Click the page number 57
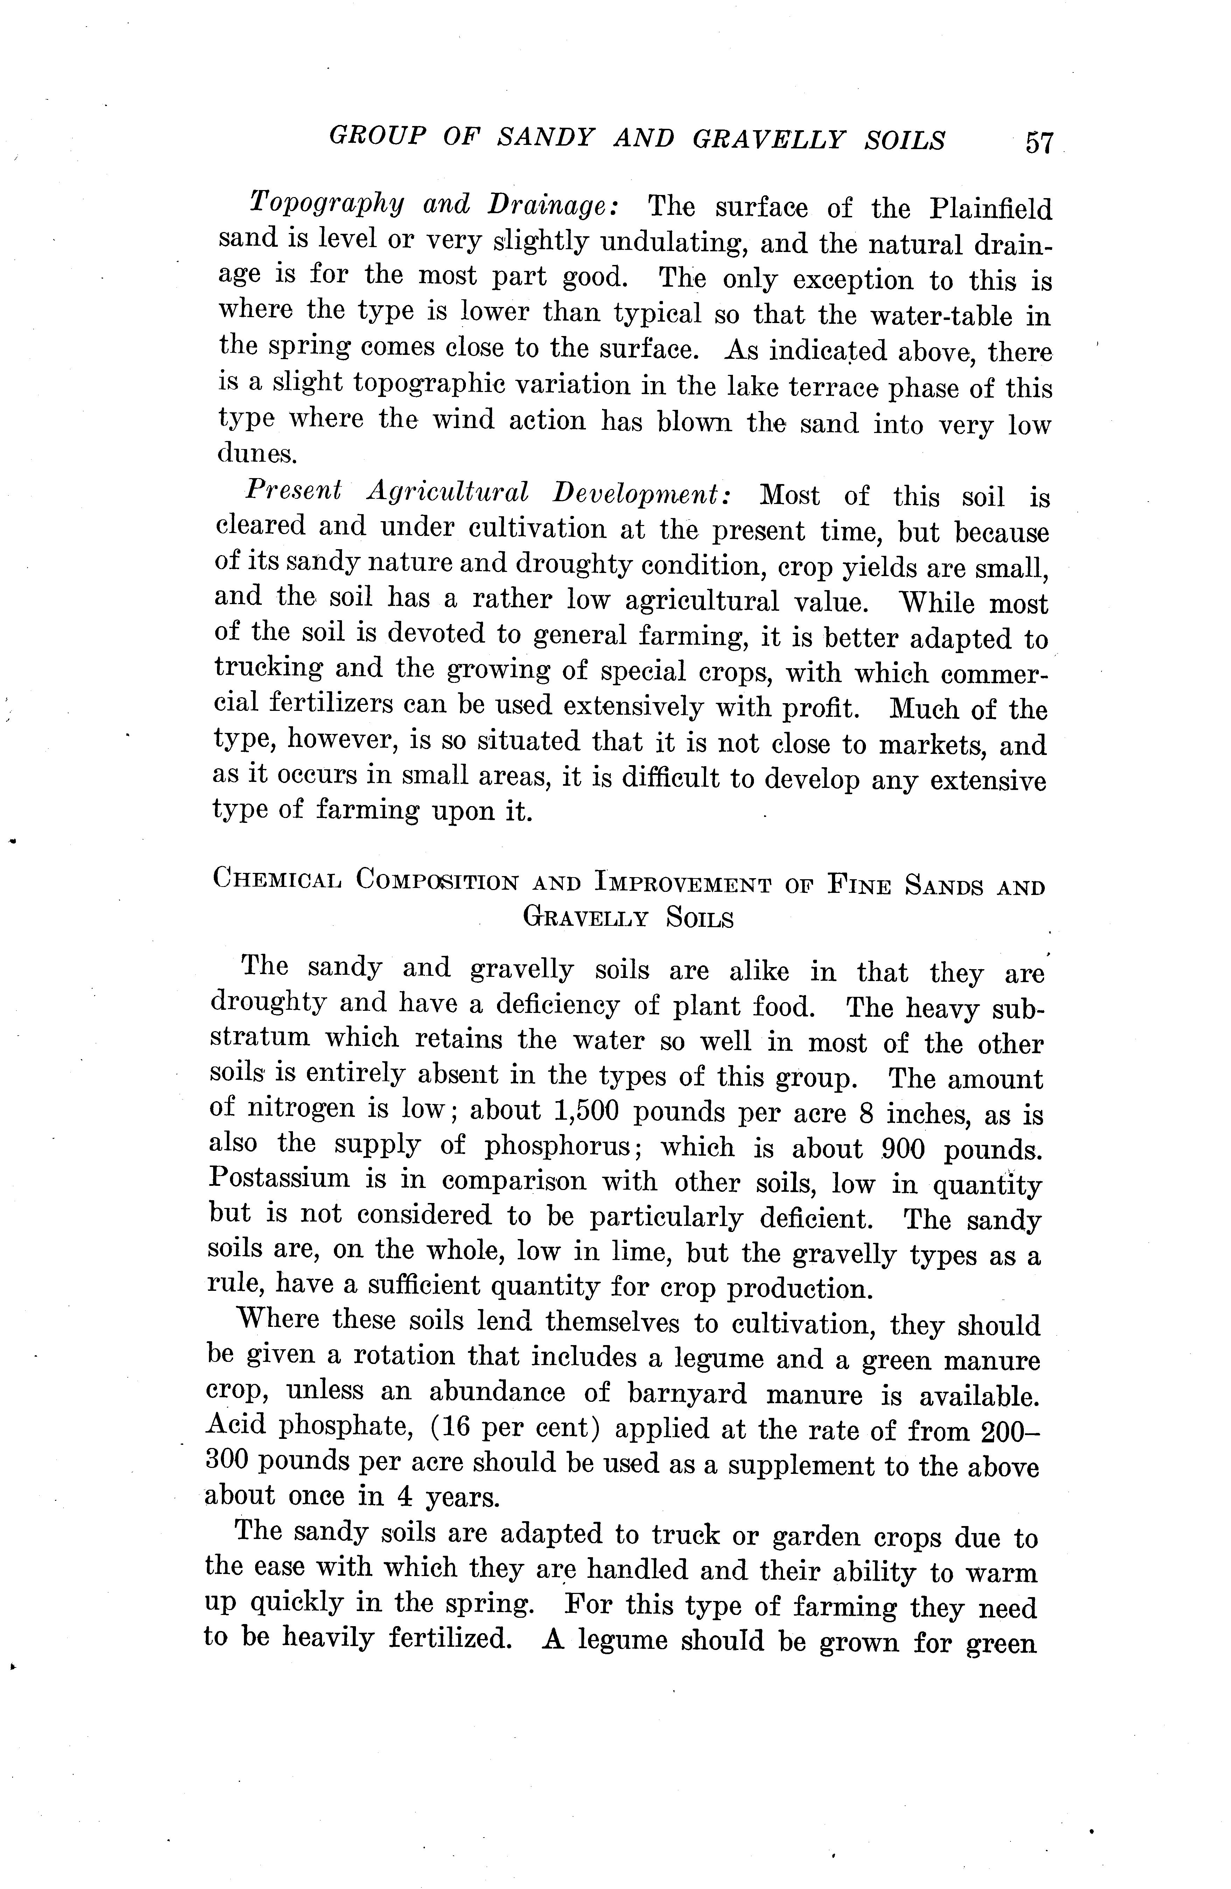[x=1038, y=143]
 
